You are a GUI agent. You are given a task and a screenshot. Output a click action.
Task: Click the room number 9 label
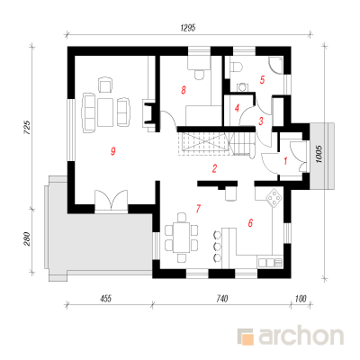pos(112,151)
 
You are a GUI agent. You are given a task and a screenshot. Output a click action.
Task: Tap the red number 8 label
pos(184,90)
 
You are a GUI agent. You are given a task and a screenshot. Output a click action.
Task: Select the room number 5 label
pos(262,80)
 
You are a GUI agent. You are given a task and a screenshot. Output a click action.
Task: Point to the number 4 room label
pos(237,108)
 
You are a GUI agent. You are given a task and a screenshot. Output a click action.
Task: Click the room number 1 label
pos(285,161)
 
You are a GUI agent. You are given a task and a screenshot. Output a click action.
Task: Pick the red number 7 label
pos(198,208)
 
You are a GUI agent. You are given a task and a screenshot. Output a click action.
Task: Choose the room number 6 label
pos(250,223)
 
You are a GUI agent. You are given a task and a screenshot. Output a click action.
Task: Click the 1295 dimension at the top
pos(188,28)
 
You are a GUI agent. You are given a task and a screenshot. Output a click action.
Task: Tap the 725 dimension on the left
pos(27,127)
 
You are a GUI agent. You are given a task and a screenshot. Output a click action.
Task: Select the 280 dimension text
pos(27,238)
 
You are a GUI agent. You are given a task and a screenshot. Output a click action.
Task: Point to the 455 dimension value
pos(105,299)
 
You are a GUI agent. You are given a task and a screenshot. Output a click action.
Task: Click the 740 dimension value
pos(221,299)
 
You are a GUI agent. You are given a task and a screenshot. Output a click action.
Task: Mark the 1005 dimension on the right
pos(319,154)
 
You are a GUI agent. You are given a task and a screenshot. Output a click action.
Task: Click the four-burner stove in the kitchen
pos(274,198)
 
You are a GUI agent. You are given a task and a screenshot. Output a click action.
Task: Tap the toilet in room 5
pos(237,66)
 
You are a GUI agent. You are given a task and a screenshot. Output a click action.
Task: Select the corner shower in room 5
pos(275,66)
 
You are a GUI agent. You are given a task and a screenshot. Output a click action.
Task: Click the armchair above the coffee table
pos(105,85)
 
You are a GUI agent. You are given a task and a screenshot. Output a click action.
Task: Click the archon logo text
pos(301,337)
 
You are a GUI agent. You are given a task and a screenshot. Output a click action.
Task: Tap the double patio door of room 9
pos(112,200)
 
